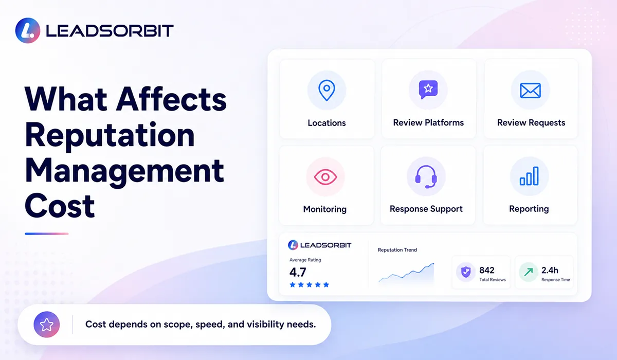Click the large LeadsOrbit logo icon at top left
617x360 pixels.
click(x=28, y=30)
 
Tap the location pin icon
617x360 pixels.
click(x=326, y=90)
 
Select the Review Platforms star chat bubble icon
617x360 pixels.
click(x=428, y=89)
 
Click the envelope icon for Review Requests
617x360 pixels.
click(x=530, y=91)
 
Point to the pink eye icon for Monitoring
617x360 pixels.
click(x=325, y=177)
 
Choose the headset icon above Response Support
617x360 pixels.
click(x=426, y=177)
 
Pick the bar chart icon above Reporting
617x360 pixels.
click(x=529, y=176)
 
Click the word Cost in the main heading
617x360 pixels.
click(x=60, y=206)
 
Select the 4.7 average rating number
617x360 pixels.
click(x=298, y=273)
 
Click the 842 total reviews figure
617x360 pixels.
click(x=487, y=270)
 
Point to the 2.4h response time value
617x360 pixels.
click(x=550, y=270)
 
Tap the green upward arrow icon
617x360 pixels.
click(x=529, y=272)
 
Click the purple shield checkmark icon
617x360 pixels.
click(x=466, y=272)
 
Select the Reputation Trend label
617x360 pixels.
click(x=397, y=250)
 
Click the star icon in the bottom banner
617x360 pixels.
click(x=47, y=325)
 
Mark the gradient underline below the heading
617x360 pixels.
click(x=47, y=234)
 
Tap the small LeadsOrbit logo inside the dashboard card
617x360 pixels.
click(x=319, y=245)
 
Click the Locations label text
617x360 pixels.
click(x=326, y=123)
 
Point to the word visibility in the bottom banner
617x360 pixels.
click(x=265, y=325)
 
